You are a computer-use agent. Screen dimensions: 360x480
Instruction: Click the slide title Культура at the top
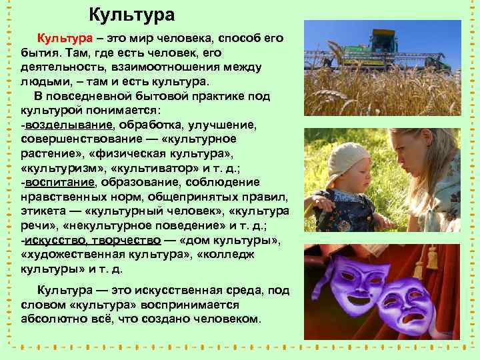point(132,15)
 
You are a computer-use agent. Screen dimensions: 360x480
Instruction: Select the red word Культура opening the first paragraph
point(61,38)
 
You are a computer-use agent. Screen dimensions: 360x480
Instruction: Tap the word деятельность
point(59,67)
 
